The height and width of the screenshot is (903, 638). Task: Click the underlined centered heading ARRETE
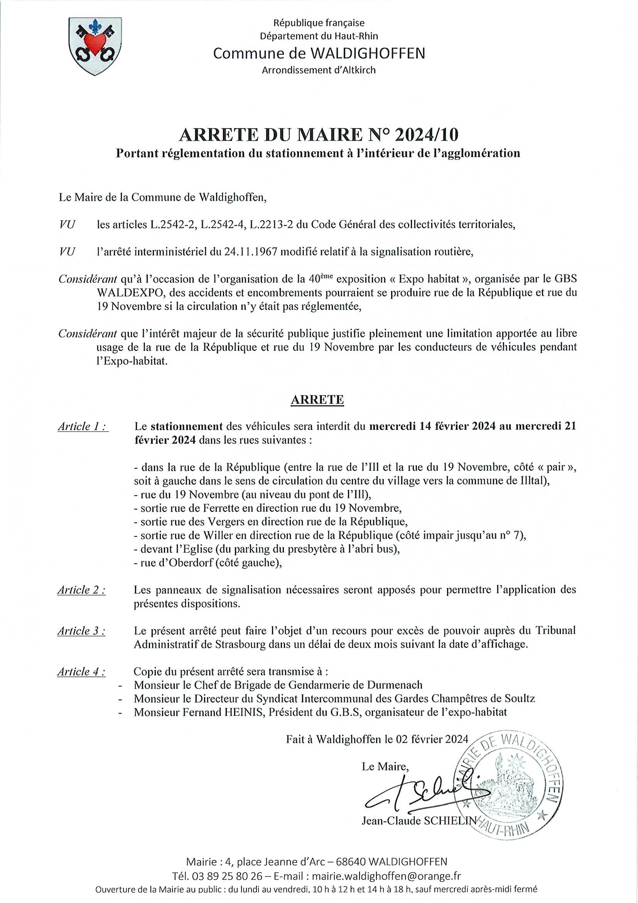[x=317, y=399]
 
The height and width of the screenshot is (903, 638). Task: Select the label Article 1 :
[x=83, y=427]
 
